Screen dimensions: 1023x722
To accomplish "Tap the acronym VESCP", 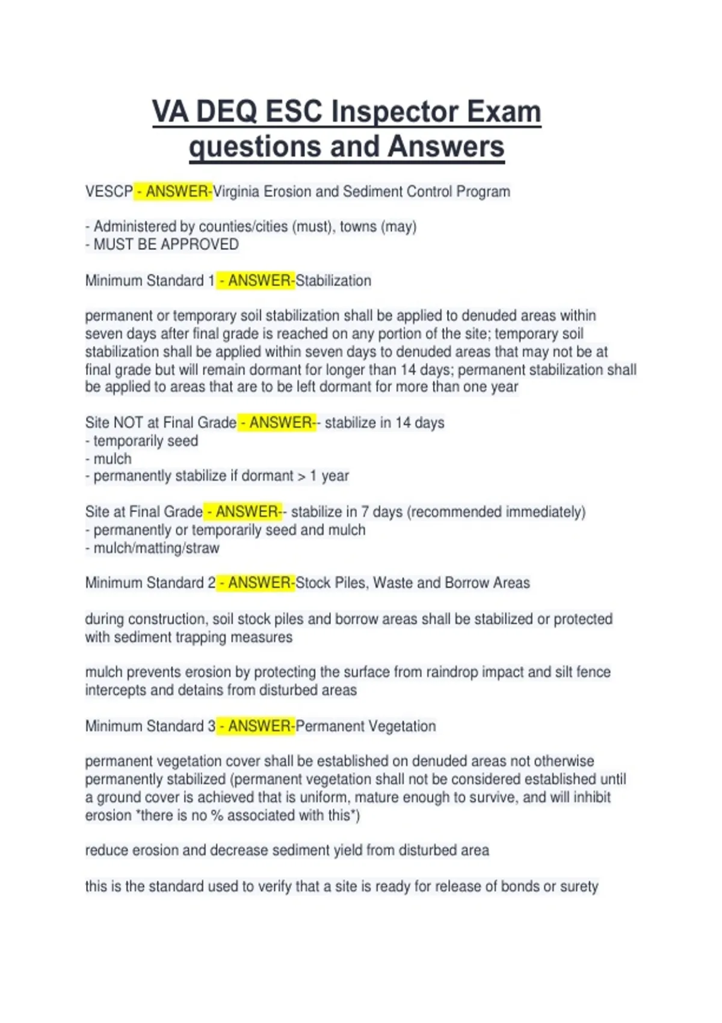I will (x=109, y=192).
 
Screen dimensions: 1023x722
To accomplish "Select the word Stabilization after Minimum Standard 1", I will (x=333, y=281).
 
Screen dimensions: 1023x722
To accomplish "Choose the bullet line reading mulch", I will (x=112, y=459).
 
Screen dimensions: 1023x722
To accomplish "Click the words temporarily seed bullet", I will (x=146, y=441).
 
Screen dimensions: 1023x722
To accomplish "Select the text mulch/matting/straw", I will (x=156, y=548).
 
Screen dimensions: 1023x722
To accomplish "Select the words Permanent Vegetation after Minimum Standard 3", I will (x=366, y=726).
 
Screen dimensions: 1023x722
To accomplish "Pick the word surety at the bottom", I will (x=579, y=886).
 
